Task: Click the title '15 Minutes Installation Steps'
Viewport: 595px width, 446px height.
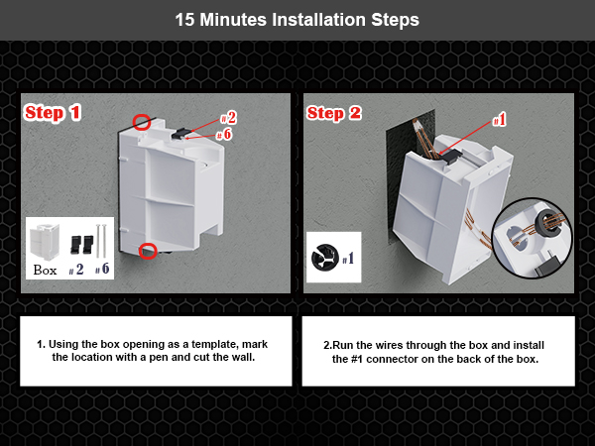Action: [297, 19]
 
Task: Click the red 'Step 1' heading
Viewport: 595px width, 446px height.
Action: [52, 113]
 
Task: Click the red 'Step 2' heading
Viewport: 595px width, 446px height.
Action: [334, 113]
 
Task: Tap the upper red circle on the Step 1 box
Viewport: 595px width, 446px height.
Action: [142, 122]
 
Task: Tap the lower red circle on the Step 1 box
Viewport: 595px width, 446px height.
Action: [148, 250]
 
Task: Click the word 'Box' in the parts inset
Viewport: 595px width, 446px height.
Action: [45, 269]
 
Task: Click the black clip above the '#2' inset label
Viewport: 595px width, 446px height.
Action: [78, 242]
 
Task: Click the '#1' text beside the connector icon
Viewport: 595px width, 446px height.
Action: [348, 260]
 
